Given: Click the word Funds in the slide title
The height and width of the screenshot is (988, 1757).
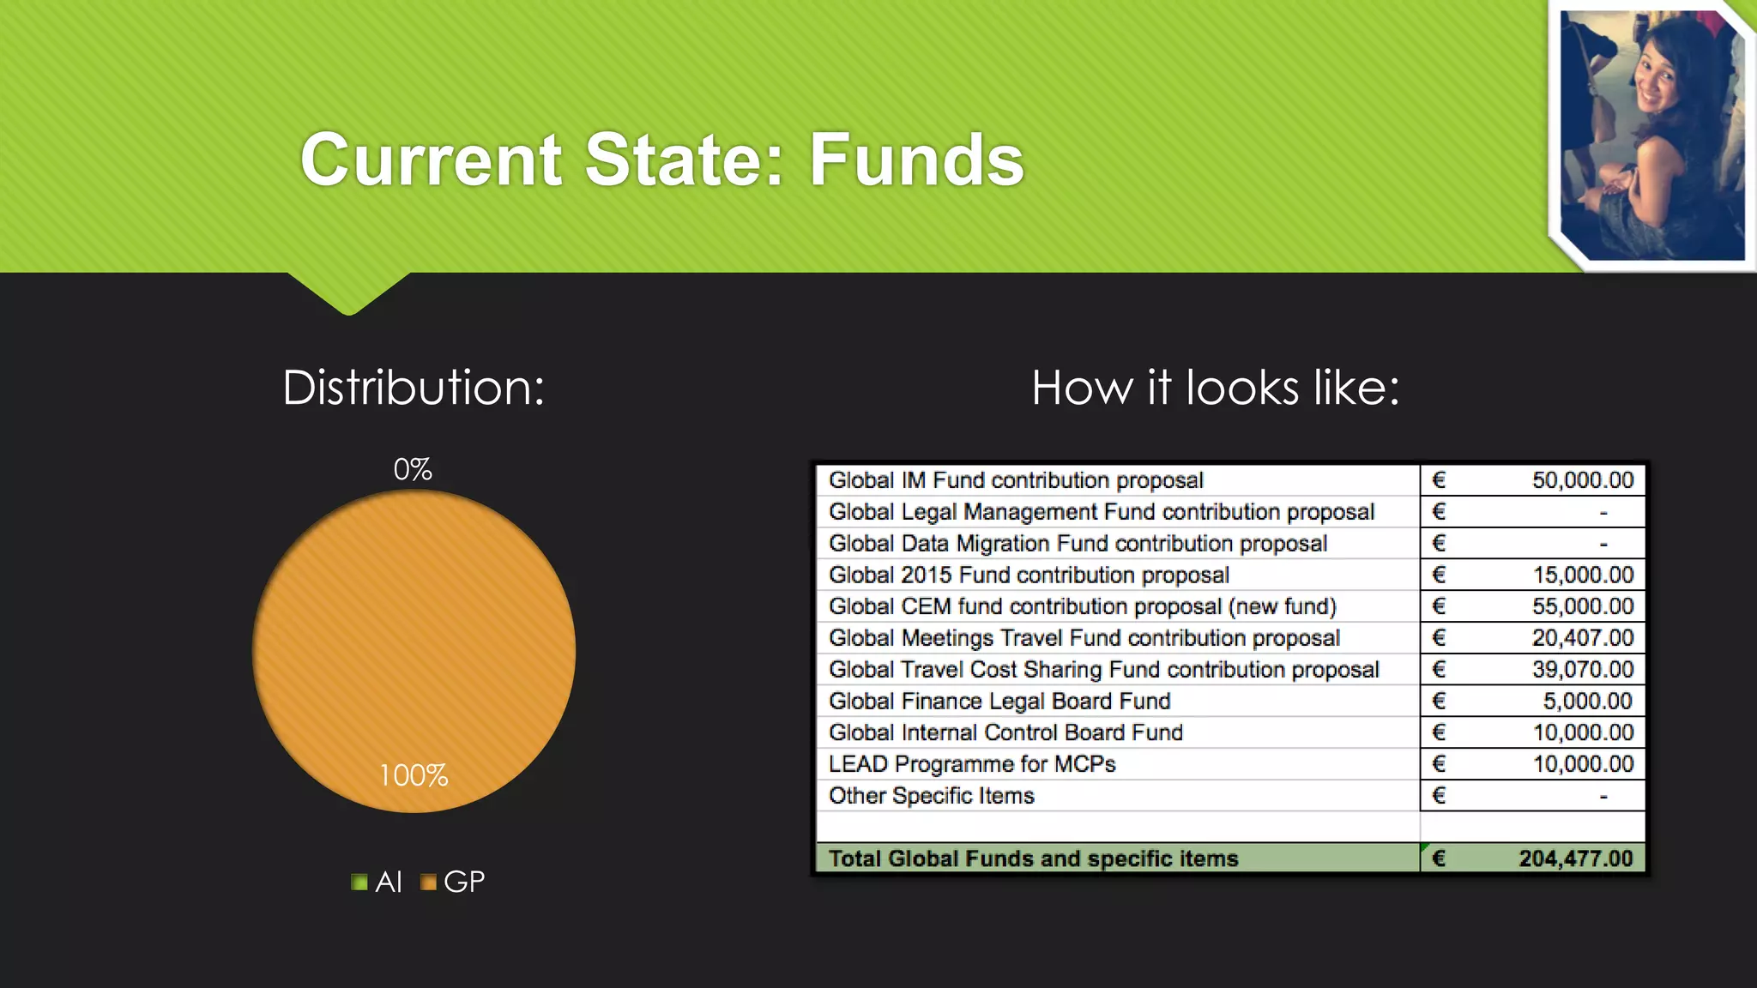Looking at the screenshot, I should [x=916, y=160].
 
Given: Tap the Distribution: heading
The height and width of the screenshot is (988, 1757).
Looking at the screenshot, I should [x=414, y=388].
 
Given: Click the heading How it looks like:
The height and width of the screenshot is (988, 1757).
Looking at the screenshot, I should [x=1215, y=388].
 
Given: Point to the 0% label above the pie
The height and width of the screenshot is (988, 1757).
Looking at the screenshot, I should [x=413, y=469].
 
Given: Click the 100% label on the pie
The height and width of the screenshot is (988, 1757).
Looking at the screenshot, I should [x=414, y=775].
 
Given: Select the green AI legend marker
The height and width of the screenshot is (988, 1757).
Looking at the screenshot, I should [x=359, y=882].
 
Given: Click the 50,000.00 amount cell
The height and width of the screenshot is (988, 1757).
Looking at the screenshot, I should [x=1582, y=480].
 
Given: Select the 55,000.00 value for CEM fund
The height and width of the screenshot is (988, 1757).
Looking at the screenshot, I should [x=1582, y=606].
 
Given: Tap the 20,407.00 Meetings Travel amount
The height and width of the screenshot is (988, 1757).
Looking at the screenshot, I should [x=1582, y=638].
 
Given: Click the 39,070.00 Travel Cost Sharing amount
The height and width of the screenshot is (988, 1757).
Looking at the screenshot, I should [x=1582, y=670].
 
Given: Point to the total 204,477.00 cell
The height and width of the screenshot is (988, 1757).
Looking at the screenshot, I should [x=1575, y=858].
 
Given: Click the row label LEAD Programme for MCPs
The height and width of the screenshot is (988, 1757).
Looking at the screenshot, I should [x=972, y=764].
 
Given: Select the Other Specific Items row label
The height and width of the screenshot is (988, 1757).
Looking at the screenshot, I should [x=932, y=796].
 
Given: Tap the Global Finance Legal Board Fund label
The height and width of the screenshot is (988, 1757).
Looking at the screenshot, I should [x=999, y=702].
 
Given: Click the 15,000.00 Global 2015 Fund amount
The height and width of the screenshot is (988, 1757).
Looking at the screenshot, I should [x=1583, y=575].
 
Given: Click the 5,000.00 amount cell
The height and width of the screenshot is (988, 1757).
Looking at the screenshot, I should [x=1587, y=702].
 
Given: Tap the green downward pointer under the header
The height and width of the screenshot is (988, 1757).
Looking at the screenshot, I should [x=349, y=296].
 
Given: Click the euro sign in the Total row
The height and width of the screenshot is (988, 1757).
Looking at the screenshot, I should [x=1440, y=858].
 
